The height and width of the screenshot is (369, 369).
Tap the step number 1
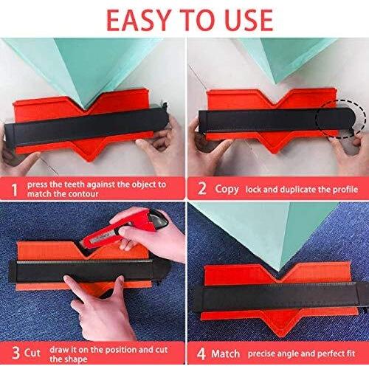(x=15, y=190)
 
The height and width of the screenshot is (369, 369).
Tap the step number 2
(x=202, y=188)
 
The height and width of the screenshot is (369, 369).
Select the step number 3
(x=16, y=353)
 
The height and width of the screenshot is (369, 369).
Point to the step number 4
(x=201, y=354)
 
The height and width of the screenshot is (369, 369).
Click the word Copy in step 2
(x=227, y=189)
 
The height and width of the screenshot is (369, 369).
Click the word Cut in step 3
(x=32, y=353)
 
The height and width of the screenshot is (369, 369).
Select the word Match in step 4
(x=226, y=354)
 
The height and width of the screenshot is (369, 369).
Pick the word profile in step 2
(x=345, y=190)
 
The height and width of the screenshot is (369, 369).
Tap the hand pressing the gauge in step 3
(x=97, y=305)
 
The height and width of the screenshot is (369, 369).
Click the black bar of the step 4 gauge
(x=280, y=297)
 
